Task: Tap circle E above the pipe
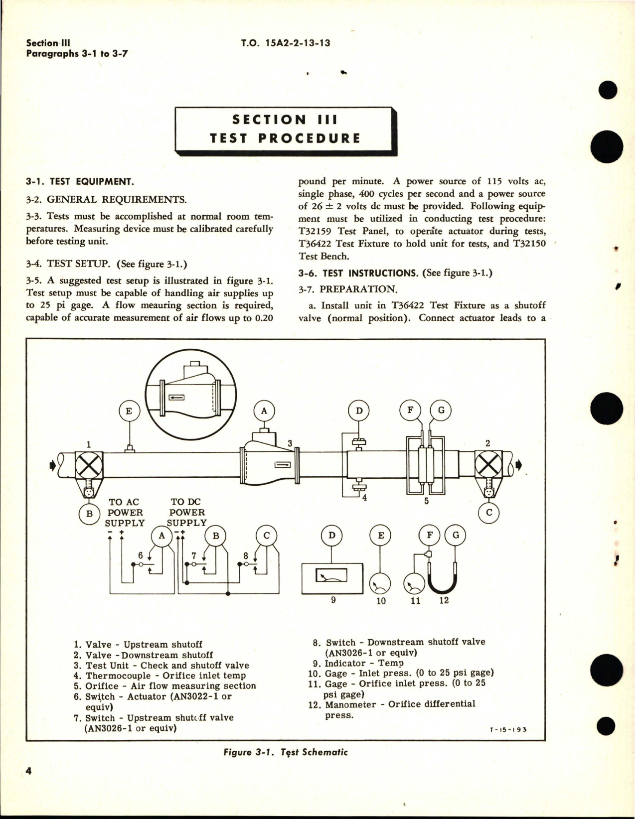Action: [x=129, y=411]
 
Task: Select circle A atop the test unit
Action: [x=264, y=411]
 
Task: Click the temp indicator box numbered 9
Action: [x=332, y=577]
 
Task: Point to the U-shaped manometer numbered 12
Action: [x=442, y=581]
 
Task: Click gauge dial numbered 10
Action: [x=380, y=583]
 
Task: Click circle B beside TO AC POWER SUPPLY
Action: [x=90, y=514]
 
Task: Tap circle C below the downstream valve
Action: [x=489, y=513]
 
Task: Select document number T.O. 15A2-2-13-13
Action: [x=285, y=43]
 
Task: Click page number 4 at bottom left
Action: [x=29, y=771]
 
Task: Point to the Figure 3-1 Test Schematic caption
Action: [x=285, y=752]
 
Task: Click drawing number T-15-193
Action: [x=507, y=729]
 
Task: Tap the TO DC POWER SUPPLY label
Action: [x=187, y=512]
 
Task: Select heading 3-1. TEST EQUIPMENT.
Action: [x=80, y=182]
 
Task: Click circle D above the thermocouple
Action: [x=359, y=411]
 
